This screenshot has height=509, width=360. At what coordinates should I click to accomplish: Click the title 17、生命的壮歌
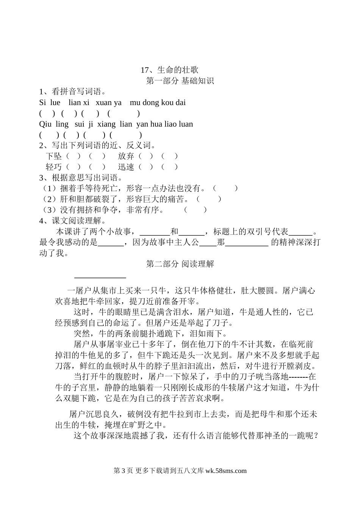(169, 70)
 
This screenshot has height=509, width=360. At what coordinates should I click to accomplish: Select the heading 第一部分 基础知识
(180, 81)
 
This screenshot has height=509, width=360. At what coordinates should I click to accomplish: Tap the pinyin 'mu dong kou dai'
(158, 102)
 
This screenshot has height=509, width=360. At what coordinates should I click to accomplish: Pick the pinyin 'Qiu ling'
(54, 124)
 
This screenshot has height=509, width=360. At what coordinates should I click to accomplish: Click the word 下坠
(53, 156)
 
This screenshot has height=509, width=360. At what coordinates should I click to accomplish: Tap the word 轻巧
(53, 167)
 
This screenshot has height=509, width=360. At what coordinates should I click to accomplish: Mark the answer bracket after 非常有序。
(196, 210)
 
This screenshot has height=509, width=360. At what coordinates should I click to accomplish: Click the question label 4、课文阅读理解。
(72, 221)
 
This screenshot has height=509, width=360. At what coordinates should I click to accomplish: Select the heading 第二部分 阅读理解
(180, 264)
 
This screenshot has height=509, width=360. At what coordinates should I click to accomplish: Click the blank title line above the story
(100, 278)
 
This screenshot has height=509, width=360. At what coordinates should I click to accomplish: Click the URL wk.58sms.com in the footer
(226, 471)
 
